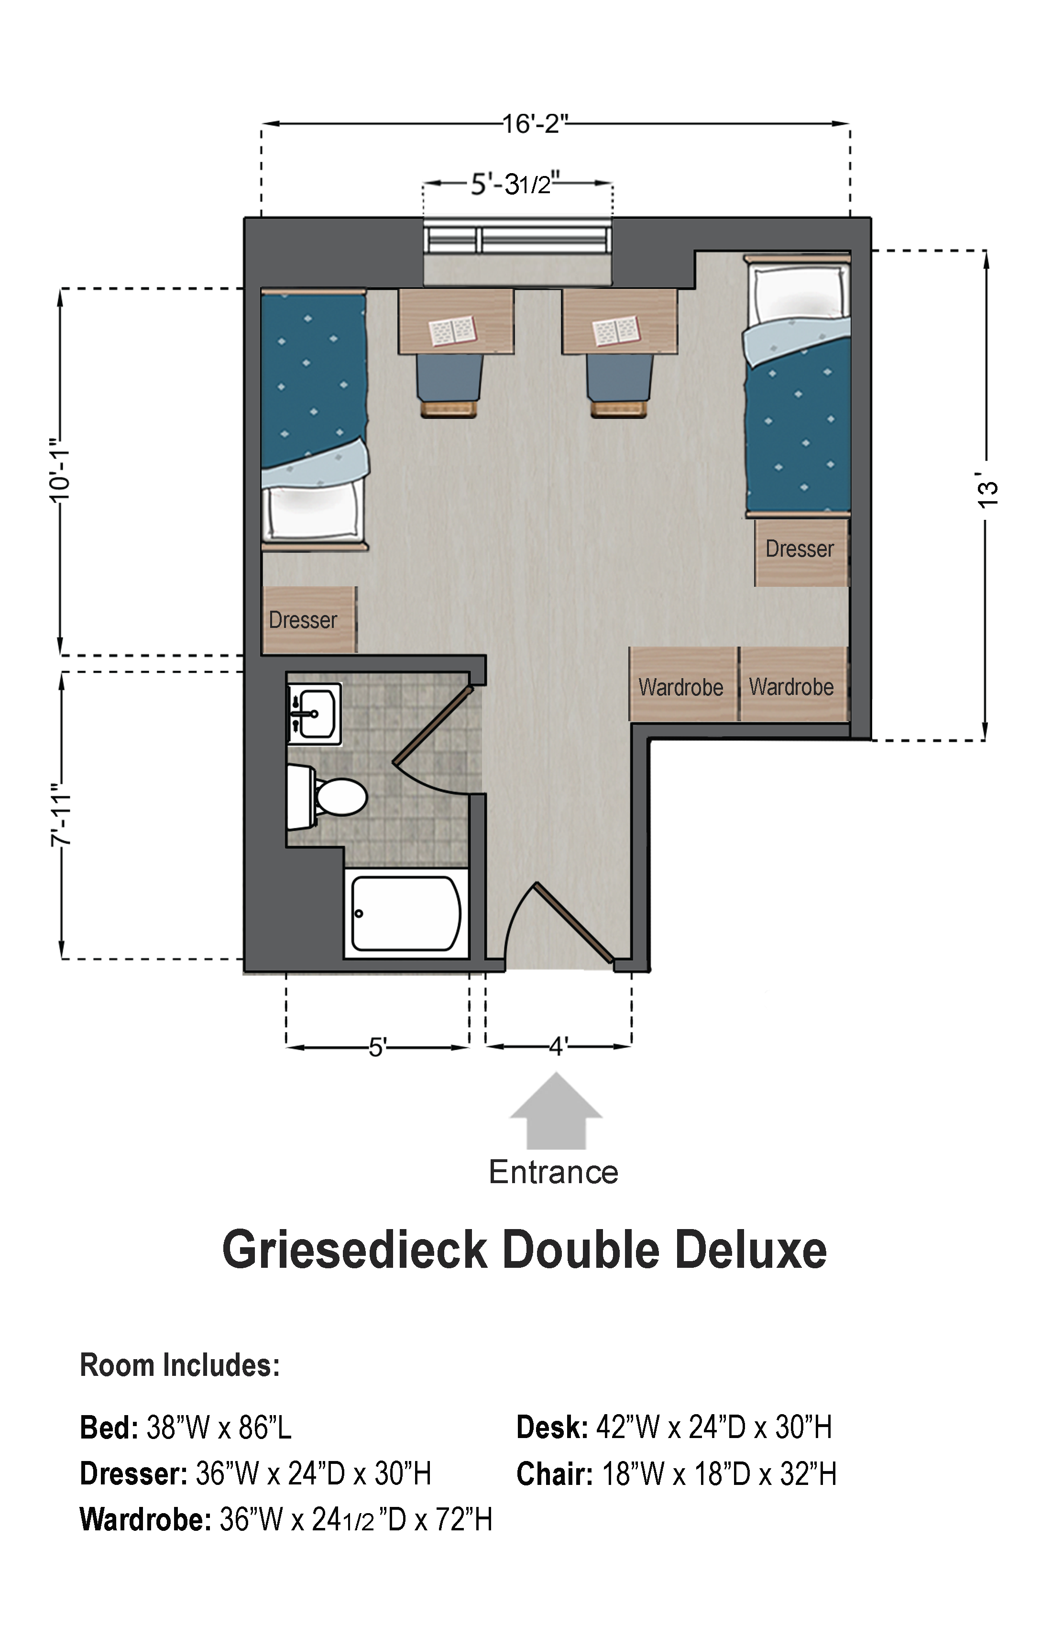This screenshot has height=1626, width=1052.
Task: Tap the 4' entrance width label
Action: click(558, 1046)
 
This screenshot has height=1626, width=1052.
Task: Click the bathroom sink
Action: click(314, 713)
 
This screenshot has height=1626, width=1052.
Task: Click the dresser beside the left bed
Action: click(309, 620)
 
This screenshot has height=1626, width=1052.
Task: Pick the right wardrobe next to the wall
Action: click(794, 684)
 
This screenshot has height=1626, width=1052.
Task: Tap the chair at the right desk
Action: click(619, 385)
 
